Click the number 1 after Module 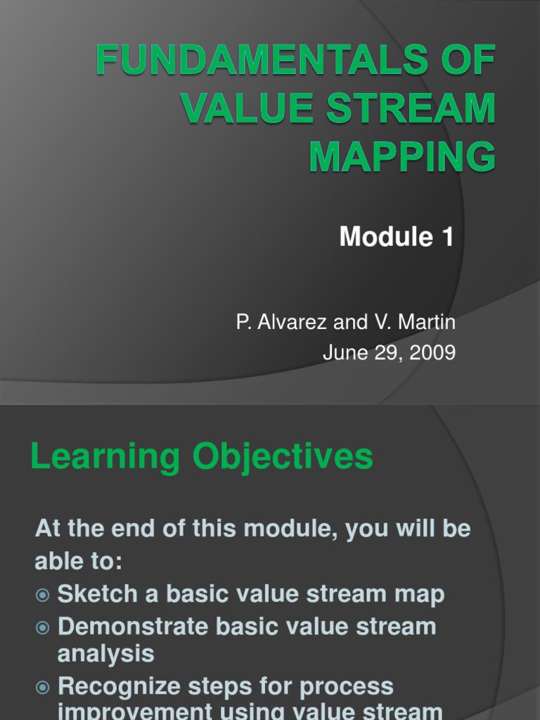point(446,238)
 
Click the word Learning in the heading point(105,458)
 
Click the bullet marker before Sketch point(43,596)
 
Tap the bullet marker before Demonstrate point(43,626)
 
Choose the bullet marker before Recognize point(43,686)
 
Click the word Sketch point(98,594)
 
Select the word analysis point(105,654)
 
